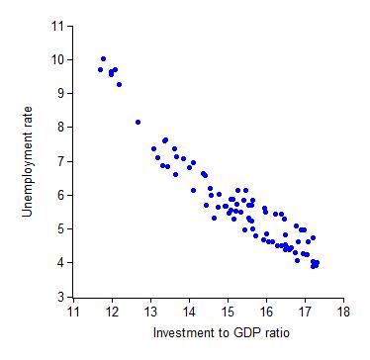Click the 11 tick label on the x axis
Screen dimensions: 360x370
(73, 312)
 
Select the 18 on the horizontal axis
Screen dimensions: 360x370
(343, 312)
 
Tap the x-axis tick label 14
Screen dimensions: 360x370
(189, 312)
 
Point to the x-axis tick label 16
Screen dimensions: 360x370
(266, 312)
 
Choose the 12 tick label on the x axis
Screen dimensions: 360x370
(112, 312)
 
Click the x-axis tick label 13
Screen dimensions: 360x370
(150, 312)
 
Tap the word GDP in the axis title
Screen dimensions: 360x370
(237, 333)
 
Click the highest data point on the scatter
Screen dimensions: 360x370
(103, 59)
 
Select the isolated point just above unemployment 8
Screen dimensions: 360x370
(138, 122)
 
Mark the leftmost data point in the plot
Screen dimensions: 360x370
(100, 70)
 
